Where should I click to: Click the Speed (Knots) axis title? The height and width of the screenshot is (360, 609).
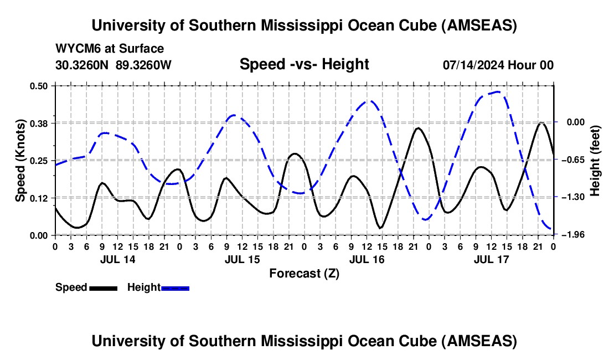point(20,160)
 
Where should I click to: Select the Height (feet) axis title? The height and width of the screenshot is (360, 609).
point(595,160)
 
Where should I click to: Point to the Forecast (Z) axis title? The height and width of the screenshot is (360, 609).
point(304,273)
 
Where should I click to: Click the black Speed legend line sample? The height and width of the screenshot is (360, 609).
point(103,288)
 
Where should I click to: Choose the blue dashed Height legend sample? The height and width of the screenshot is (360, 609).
point(176,288)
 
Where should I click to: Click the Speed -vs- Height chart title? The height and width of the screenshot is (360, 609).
point(304,64)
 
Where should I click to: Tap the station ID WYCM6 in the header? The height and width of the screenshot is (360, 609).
point(75,49)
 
